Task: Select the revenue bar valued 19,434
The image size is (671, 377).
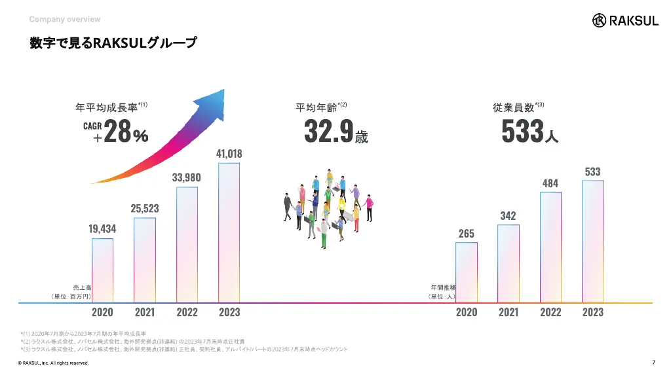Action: click(x=102, y=270)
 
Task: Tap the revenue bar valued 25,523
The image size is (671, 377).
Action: click(x=145, y=259)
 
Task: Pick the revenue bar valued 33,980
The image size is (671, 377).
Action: click(x=187, y=244)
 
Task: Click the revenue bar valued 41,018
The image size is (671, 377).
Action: click(x=229, y=232)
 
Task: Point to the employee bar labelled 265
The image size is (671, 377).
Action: click(x=467, y=272)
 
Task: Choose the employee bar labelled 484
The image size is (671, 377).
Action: click(x=550, y=247)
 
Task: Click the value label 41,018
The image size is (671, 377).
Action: click(x=229, y=154)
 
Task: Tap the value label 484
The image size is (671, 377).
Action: click(x=550, y=183)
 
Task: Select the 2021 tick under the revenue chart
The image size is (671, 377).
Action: click(x=145, y=312)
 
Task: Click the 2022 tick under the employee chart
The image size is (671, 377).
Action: click(x=550, y=312)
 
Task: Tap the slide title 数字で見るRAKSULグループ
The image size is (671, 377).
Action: click(x=112, y=44)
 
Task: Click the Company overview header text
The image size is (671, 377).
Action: click(x=65, y=20)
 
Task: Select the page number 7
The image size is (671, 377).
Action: click(x=653, y=363)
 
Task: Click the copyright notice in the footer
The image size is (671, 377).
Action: click(x=53, y=363)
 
